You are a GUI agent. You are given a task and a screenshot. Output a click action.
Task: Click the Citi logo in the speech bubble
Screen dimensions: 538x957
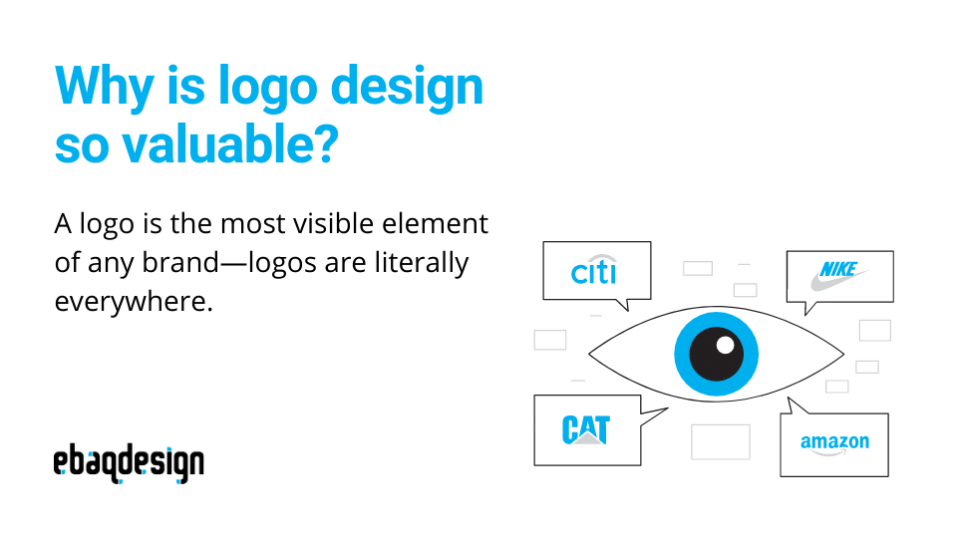pyautogui.click(x=595, y=272)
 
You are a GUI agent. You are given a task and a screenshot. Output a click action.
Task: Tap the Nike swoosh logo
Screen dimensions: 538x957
pyautogui.click(x=837, y=275)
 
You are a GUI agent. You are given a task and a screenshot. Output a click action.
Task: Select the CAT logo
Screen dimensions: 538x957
pyautogui.click(x=585, y=429)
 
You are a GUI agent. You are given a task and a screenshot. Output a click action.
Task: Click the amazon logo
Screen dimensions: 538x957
pyautogui.click(x=834, y=443)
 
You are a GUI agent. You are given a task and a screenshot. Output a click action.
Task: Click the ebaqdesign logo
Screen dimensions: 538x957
pyautogui.click(x=129, y=464)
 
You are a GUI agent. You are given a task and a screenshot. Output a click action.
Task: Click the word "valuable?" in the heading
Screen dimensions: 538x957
pyautogui.click(x=230, y=145)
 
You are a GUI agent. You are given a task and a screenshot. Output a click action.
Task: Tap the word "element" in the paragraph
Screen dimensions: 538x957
pyautogui.click(x=438, y=224)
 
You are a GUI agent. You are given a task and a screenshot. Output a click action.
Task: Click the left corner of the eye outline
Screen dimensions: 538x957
pyautogui.click(x=590, y=353)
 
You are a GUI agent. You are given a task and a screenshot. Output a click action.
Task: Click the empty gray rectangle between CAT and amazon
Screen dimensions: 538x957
pyautogui.click(x=720, y=442)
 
